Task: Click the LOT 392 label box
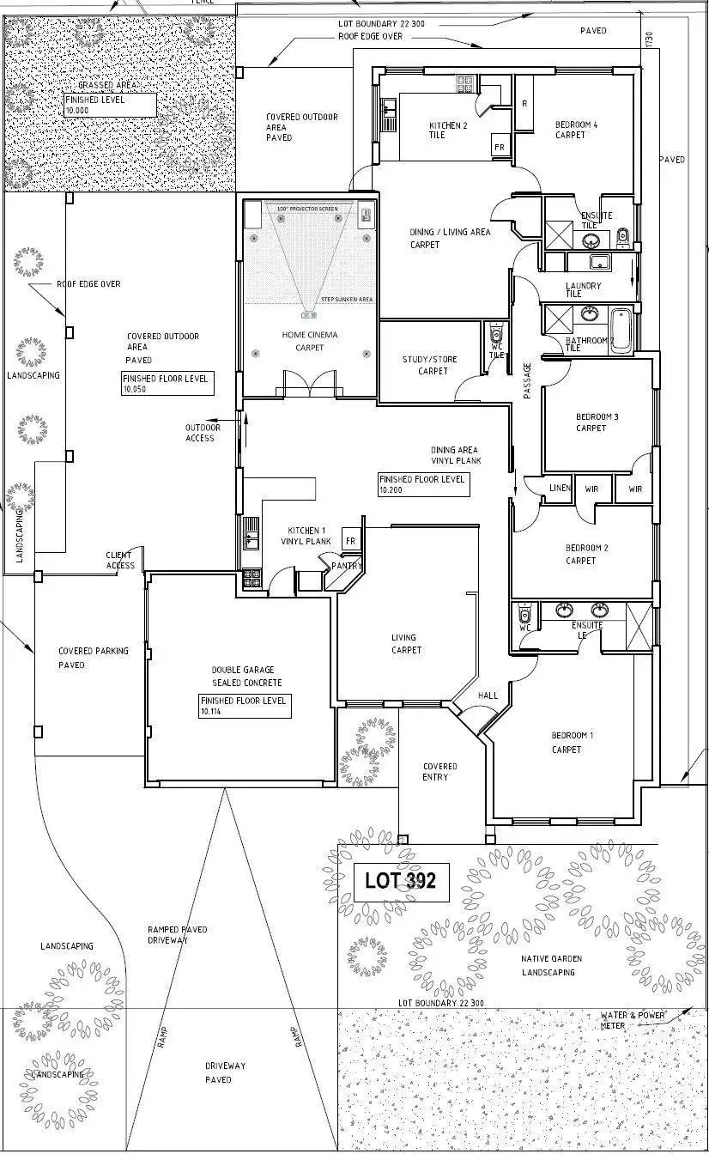(x=401, y=880)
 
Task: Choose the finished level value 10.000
(x=78, y=111)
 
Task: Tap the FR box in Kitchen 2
(x=499, y=148)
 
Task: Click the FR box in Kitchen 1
(x=349, y=542)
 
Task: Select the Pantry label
(x=348, y=566)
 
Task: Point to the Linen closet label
(x=559, y=489)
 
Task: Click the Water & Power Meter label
(x=633, y=1020)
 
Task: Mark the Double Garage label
(x=246, y=676)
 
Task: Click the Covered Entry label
(x=440, y=772)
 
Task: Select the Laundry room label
(x=583, y=289)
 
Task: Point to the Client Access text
(x=120, y=560)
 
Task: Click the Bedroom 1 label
(x=572, y=742)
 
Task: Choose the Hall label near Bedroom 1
(x=488, y=695)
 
